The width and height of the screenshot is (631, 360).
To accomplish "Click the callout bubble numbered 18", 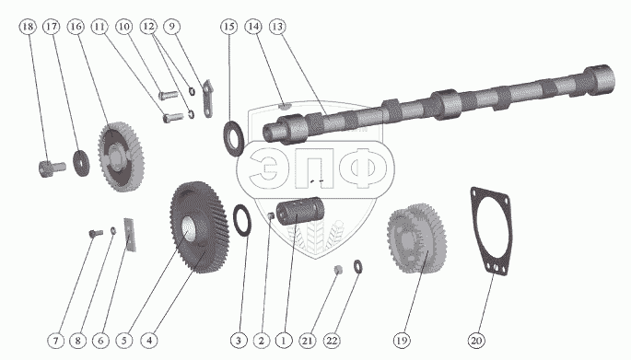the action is click(x=28, y=27).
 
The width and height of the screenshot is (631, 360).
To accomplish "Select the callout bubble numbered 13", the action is click(x=277, y=27).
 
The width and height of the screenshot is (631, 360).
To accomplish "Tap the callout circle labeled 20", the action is click(x=476, y=341).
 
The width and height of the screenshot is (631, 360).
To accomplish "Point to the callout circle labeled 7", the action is click(x=55, y=341).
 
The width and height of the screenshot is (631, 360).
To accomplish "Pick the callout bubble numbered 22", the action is click(x=332, y=341).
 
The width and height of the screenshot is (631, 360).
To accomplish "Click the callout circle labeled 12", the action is click(x=148, y=27).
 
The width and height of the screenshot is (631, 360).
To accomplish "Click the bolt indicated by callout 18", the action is click(x=52, y=168).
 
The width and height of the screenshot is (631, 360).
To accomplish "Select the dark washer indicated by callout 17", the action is click(x=81, y=162).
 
